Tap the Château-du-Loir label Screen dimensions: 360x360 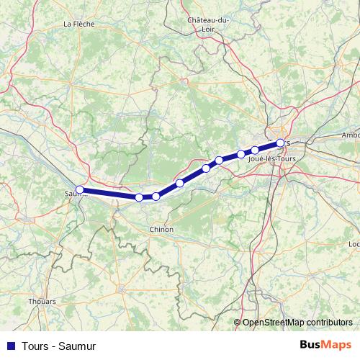[x=208, y=24]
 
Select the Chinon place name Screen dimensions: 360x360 [x=160, y=229]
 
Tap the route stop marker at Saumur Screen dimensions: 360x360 [x=80, y=190]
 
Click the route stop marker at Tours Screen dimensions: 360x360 [x=280, y=143]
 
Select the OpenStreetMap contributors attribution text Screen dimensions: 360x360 [x=297, y=323]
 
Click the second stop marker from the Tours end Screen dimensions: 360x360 [x=255, y=150]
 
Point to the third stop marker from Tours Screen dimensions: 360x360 [x=241, y=154]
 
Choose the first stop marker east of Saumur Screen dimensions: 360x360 [x=139, y=197]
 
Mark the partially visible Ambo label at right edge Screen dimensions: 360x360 [x=351, y=135]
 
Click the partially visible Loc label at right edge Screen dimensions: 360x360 [x=354, y=244]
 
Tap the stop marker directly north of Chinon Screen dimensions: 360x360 [x=156, y=197]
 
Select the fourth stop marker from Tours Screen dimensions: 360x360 [x=219, y=161]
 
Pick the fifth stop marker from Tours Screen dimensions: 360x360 [x=206, y=168]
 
